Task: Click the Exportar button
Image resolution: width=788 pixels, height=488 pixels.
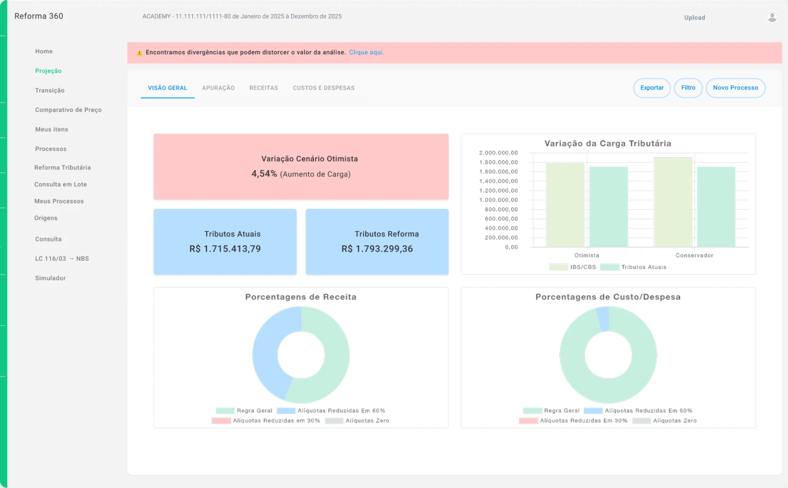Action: tap(652, 88)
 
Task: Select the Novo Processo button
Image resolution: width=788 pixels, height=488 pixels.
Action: tap(735, 88)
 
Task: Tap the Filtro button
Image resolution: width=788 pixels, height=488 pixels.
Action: tap(688, 88)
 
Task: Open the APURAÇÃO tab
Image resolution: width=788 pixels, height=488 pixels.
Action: tap(218, 88)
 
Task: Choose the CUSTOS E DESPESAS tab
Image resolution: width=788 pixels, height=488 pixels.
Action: tap(324, 88)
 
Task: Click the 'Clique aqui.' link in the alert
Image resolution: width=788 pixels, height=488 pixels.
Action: tap(366, 53)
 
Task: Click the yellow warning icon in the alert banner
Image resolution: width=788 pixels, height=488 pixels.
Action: tap(139, 53)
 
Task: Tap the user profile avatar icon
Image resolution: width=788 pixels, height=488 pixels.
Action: tap(772, 16)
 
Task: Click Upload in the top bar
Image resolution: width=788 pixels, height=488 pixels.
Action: tap(694, 17)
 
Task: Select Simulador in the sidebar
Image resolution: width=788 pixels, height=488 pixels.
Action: tap(50, 278)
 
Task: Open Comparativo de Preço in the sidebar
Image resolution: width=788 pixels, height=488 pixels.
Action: tap(68, 110)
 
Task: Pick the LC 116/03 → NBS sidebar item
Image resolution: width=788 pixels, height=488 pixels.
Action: tap(62, 259)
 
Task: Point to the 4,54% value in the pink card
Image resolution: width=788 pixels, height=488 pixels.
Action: tap(264, 174)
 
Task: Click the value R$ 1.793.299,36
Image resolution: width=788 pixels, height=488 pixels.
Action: tap(377, 249)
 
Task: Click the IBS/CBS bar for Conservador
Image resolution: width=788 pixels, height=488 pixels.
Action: tap(673, 202)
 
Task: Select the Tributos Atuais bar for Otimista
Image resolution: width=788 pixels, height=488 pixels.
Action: tap(609, 207)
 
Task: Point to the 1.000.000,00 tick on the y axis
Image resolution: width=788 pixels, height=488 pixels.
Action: tap(498, 200)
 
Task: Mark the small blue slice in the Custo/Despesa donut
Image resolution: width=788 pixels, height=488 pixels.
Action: tap(603, 319)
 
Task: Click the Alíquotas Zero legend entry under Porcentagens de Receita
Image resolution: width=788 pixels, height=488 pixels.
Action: tap(357, 420)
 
